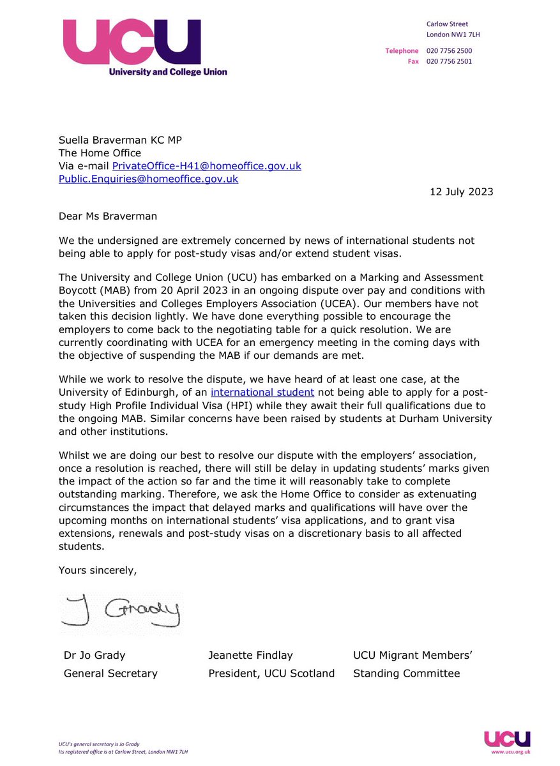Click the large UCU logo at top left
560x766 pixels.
[144, 47]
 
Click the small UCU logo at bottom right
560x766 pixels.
[507, 739]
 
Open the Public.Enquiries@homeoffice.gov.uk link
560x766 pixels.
[148, 179]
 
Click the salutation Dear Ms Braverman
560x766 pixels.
[108, 216]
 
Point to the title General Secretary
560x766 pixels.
[110, 673]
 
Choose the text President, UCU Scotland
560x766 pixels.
[271, 673]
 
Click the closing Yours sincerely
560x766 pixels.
[98, 570]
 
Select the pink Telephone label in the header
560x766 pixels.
[402, 50]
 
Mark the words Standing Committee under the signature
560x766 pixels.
[406, 673]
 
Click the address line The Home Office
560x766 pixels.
[100, 153]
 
